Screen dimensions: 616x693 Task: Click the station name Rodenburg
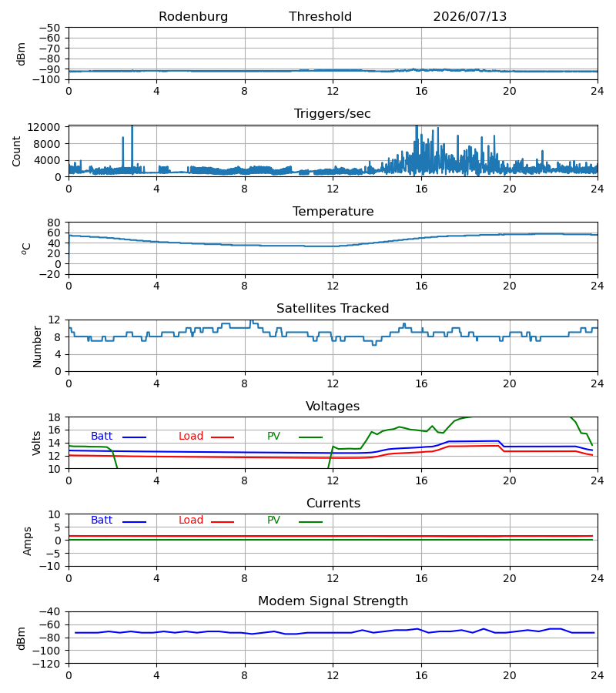[x=193, y=17]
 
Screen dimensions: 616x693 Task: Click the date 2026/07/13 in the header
[x=470, y=17]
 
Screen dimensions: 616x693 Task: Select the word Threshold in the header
[x=320, y=17]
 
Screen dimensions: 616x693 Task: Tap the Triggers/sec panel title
[x=333, y=114]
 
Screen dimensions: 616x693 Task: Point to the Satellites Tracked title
[x=333, y=309]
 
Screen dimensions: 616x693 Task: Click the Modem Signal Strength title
[x=333, y=601]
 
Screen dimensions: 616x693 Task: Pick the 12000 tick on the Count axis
[x=44, y=127]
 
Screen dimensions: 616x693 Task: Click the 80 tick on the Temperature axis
[x=54, y=223]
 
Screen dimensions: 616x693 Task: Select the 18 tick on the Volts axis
[x=54, y=417]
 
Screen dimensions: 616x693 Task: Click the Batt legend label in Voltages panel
[x=102, y=437]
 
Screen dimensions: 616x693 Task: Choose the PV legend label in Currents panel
[x=273, y=521]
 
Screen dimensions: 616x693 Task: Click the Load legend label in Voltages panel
[x=191, y=437]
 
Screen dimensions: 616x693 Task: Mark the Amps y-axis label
[x=28, y=541]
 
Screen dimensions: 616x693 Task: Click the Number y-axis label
[x=37, y=346]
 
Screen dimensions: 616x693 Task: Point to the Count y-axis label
[x=17, y=151]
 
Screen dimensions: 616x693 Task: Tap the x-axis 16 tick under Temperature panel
[x=421, y=286]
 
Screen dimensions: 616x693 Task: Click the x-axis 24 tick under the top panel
[x=597, y=91]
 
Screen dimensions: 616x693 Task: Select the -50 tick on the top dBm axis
[x=49, y=28]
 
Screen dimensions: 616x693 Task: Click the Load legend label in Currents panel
[x=191, y=521]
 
